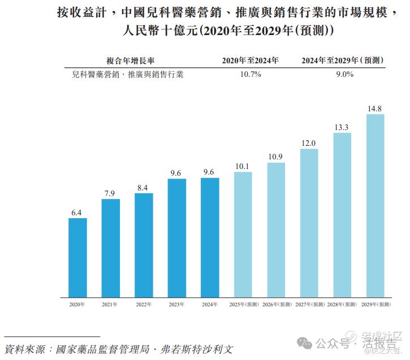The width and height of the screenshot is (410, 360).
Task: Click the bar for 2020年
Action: tap(77, 258)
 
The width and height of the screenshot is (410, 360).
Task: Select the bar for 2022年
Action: tap(144, 245)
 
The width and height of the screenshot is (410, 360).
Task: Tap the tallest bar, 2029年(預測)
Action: tap(375, 206)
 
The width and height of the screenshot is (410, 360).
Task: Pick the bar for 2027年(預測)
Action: tap(309, 223)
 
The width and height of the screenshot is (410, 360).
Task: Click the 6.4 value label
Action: tap(77, 212)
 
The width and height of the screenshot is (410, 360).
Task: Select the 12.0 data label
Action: tap(309, 143)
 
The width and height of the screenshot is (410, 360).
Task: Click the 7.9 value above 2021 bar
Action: tap(110, 193)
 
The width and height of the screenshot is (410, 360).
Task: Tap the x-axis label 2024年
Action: tap(210, 305)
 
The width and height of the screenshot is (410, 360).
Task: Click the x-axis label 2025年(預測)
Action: tap(243, 305)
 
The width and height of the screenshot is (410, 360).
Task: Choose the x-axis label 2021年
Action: tap(110, 305)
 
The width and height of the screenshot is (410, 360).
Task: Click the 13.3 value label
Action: tap(342, 127)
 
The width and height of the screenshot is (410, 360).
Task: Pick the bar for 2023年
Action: tap(176, 238)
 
